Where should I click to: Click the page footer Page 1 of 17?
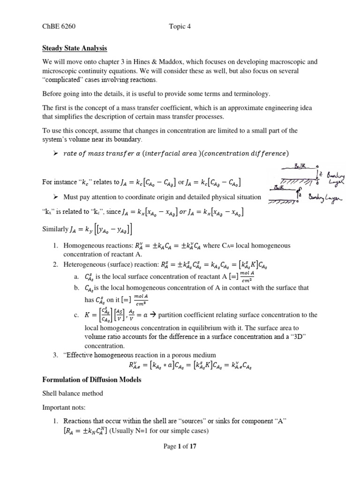point(180,446)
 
